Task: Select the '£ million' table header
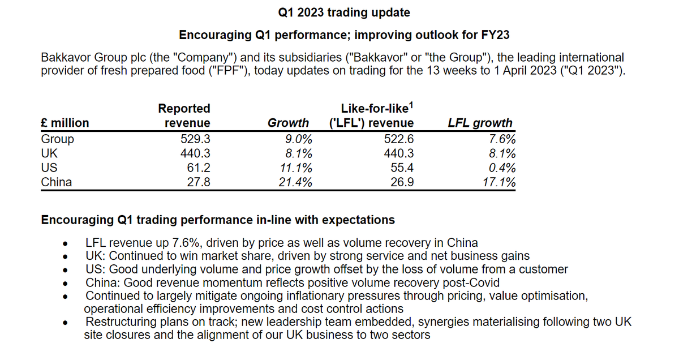click(65, 123)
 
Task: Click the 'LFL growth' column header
click(480, 123)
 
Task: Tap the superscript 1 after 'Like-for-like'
click(412, 104)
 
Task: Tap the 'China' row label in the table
click(57, 182)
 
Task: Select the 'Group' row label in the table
click(58, 139)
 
